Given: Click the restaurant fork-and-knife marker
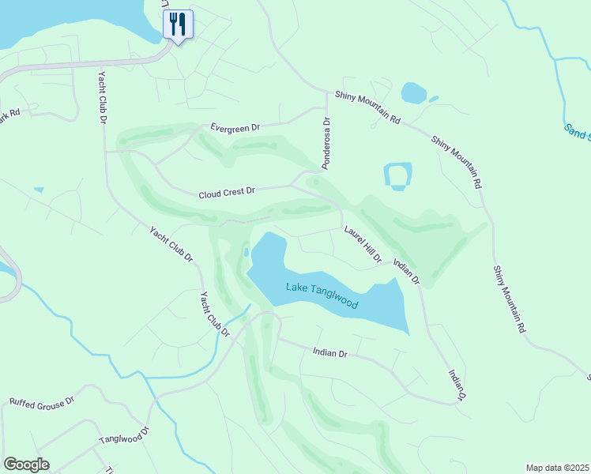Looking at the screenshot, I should (177, 24).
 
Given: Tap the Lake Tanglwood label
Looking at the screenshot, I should (322, 297).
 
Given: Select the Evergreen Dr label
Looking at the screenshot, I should (235, 126).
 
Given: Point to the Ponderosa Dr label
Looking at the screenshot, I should (326, 143).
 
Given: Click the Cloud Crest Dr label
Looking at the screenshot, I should (228, 192).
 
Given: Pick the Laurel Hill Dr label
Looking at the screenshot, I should (363, 245).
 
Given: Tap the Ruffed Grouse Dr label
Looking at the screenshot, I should (42, 401).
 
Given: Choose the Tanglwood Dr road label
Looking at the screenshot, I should (124, 436).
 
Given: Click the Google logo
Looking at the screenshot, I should (26, 465).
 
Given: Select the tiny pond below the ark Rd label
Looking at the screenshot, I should (39, 190).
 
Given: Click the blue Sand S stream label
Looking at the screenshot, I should (578, 131).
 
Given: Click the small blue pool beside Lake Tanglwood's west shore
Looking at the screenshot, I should (247, 253).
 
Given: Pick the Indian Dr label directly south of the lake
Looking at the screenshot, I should (330, 353).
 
